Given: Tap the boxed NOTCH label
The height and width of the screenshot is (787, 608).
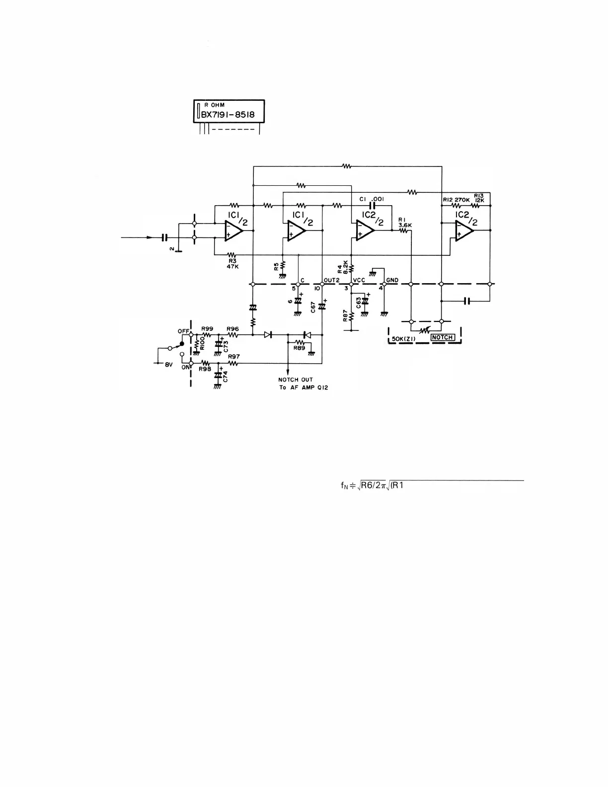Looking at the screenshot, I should point(442,337).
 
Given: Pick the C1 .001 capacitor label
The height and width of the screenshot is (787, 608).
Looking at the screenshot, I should point(371,199).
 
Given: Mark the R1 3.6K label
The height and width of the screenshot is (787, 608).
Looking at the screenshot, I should point(405,223).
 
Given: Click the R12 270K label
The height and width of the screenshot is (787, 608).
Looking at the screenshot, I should point(456,200).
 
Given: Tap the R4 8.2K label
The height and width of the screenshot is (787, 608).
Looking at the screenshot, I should point(343,269).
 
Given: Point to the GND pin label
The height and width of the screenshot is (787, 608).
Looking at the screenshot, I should point(392,280).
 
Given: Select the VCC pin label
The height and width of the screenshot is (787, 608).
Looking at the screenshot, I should point(359,280).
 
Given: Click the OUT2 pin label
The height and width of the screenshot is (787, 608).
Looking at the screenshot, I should point(331,280).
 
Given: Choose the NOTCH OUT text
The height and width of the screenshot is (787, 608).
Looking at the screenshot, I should point(296,380).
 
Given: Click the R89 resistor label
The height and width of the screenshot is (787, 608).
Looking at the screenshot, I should point(299,348).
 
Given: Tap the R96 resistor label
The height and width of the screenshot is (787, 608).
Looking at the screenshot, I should point(232,328).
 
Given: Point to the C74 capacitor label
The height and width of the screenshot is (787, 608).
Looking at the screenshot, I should point(226,377).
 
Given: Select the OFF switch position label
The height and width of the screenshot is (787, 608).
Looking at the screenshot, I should point(183,331).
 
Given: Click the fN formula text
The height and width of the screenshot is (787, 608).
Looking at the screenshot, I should point(372,486).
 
